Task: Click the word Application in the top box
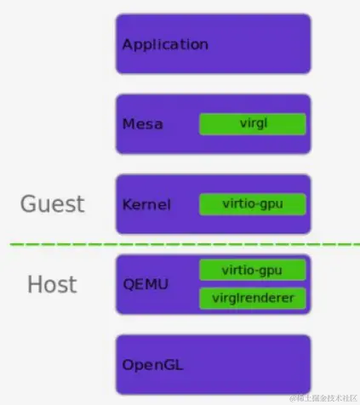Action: coord(165,44)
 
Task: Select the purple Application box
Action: coord(255,44)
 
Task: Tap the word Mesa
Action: coord(142,124)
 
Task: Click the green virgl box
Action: coord(252,124)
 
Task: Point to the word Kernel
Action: coord(146,204)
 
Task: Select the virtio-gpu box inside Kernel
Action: coord(252,204)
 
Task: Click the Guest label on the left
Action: coord(53,204)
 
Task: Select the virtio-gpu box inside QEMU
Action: coord(252,271)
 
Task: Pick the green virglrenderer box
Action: coord(252,299)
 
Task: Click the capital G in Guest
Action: coord(30,204)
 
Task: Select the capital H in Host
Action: coord(35,284)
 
